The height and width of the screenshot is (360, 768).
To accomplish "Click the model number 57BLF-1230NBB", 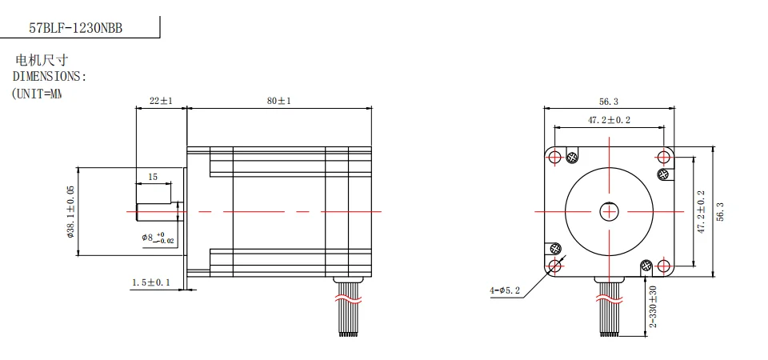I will pyautogui.click(x=76, y=27).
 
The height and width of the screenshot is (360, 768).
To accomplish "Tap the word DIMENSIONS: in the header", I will pyautogui.click(x=49, y=77).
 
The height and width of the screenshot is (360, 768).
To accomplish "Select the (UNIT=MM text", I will pyautogui.click(x=37, y=94).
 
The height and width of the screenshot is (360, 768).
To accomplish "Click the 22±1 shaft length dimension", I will pyautogui.click(x=161, y=102).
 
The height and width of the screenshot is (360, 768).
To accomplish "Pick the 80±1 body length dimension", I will pyautogui.click(x=278, y=102).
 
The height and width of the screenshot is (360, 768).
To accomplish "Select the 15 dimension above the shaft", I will pyautogui.click(x=152, y=176).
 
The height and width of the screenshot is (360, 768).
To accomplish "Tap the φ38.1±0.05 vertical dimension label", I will pyautogui.click(x=71, y=212).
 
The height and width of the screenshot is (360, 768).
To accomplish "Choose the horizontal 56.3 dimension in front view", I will pyautogui.click(x=608, y=102).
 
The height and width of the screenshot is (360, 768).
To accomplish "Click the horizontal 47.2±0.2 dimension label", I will pyautogui.click(x=609, y=120).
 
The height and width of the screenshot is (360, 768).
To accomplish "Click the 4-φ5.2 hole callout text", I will pyautogui.click(x=505, y=290).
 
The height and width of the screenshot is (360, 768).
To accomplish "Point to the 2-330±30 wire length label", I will pyautogui.click(x=653, y=306).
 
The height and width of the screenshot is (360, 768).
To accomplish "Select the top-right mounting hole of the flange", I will pyautogui.click(x=664, y=156).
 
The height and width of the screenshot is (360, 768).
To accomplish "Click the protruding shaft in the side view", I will pyautogui.click(x=158, y=211).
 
